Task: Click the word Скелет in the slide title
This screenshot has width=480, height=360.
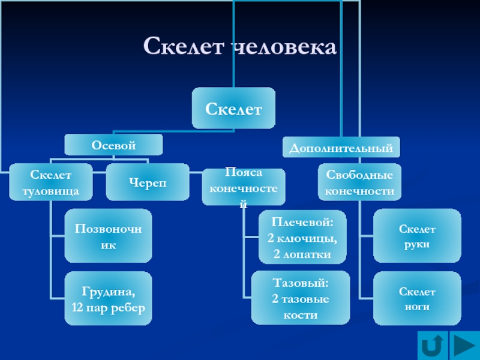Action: point(182,47)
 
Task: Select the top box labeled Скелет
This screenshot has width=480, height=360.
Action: point(234,108)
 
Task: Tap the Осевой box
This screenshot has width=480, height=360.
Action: point(113,145)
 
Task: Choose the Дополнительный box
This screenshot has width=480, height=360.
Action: point(341,147)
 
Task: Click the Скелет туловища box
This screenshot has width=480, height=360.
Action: point(50,182)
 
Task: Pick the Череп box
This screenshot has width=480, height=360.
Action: point(147,182)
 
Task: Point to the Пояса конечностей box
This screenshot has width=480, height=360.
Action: point(244,185)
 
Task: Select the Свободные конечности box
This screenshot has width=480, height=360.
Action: point(359,182)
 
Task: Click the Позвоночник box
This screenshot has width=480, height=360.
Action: point(109,236)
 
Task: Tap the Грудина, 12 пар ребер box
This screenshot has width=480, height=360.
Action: point(109,299)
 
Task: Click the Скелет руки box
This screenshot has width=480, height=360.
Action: point(417,236)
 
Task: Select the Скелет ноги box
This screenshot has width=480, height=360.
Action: point(417,298)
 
